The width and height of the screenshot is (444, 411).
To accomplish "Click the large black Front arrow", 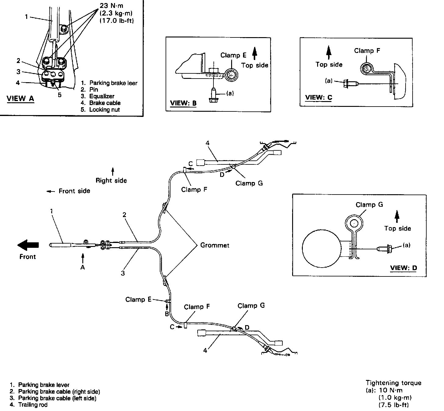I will point(28,244).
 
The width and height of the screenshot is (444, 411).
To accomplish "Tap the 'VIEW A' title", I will point(20,98).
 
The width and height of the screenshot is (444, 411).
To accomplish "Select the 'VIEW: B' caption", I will point(183,103).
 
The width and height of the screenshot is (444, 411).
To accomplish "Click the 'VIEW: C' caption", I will point(319,97).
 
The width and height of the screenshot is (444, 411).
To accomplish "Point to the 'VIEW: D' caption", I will point(403,268).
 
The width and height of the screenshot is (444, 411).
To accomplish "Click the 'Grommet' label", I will point(215,245).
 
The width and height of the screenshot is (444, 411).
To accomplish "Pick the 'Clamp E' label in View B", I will point(233,55).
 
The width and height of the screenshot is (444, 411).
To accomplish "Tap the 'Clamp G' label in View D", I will point(369,205).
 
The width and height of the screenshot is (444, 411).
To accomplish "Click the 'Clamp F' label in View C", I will point(367,51).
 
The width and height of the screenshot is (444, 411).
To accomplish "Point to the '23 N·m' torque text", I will point(112,6).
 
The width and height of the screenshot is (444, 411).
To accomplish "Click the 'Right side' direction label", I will point(111,180).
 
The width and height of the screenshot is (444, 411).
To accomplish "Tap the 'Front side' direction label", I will point(74,191).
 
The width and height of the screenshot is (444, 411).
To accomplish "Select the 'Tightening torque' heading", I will point(393,383).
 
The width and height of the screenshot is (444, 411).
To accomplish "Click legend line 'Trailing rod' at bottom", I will point(33,405).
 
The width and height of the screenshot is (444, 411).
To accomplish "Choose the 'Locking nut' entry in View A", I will point(104,110).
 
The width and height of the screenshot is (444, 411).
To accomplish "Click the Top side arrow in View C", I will point(329,52).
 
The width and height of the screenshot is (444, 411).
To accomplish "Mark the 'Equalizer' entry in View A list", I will point(102,96).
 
